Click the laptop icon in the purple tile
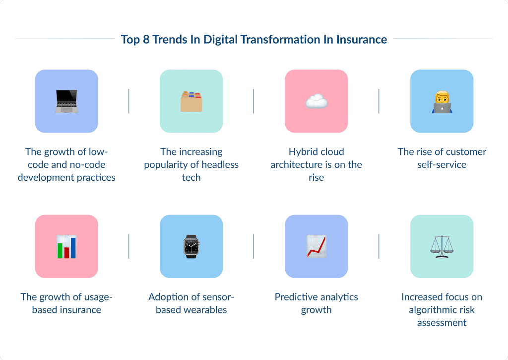[x=66, y=101]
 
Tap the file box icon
[x=191, y=101]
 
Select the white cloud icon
[x=316, y=101]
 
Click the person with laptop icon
[x=442, y=101]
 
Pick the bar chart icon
[x=66, y=247]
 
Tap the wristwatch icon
[x=191, y=247]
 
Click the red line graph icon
[x=316, y=247]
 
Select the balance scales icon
[x=442, y=247]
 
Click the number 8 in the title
[x=146, y=40]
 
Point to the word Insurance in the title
[x=361, y=40]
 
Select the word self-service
[x=442, y=165]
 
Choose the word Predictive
[x=297, y=297]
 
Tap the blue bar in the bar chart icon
[x=73, y=248]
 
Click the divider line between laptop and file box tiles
[x=129, y=101]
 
